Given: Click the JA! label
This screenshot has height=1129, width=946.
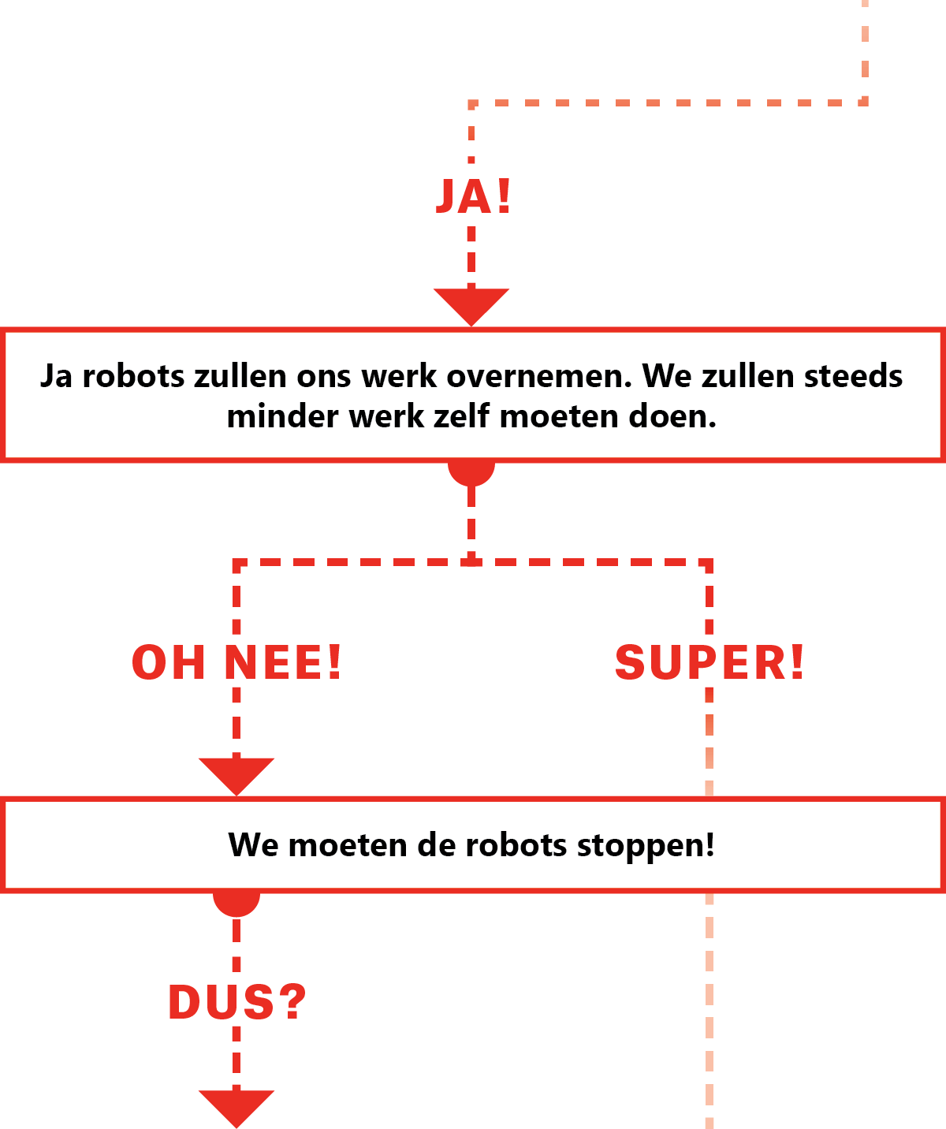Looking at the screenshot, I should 473,196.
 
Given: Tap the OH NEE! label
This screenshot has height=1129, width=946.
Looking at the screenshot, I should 236,662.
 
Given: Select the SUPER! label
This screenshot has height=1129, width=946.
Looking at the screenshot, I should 709,662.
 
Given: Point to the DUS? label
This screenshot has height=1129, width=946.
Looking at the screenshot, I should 236,1002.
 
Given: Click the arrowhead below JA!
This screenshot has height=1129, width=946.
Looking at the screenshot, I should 471,304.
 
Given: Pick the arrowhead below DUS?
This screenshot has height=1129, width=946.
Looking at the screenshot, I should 236,1106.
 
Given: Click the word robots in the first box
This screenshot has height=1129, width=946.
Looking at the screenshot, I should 133,376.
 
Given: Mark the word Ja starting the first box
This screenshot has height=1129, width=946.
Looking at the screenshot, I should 56,376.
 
